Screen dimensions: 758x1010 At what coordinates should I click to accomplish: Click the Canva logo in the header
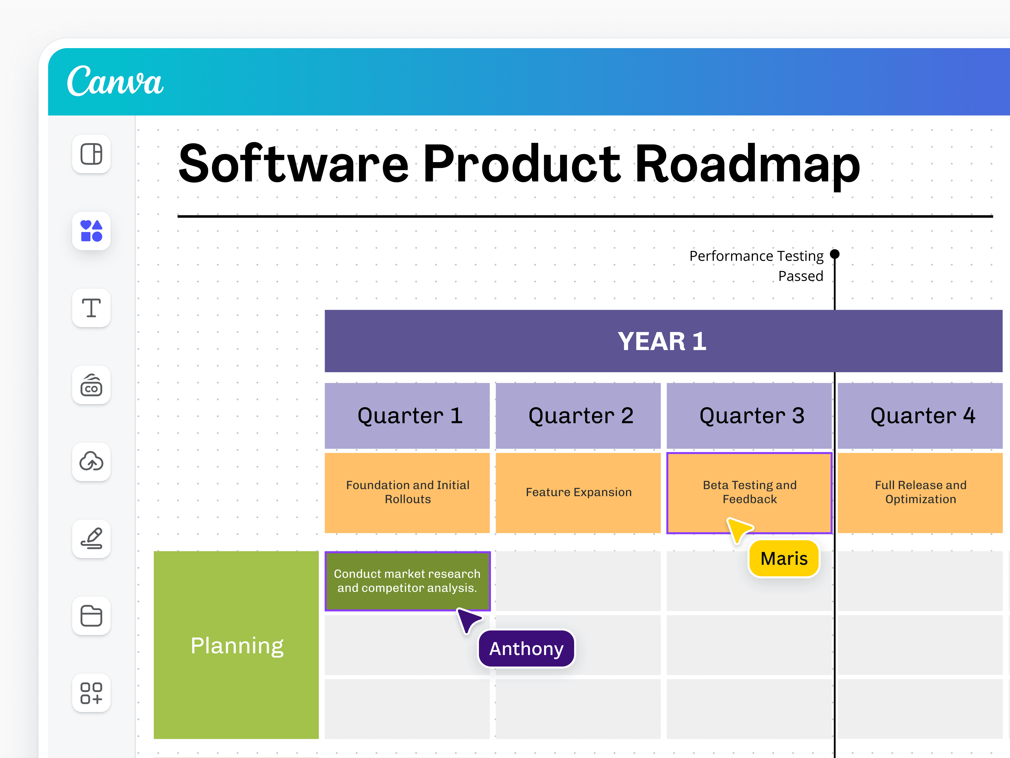coord(115,81)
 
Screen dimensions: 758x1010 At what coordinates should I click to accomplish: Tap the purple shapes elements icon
coord(91,231)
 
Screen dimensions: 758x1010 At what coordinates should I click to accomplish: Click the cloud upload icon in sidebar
coord(91,462)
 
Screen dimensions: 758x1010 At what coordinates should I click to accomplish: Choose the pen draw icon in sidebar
coord(91,539)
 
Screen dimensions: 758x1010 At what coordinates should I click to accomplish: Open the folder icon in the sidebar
coord(91,615)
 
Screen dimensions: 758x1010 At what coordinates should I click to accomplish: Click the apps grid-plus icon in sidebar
coord(91,693)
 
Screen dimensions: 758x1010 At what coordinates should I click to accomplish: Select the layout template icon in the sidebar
coord(91,154)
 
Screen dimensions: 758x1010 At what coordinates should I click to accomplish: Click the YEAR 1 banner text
coord(662,341)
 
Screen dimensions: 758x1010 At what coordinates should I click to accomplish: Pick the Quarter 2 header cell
coord(578,415)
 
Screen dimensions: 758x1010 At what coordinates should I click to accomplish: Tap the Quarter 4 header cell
coord(920,415)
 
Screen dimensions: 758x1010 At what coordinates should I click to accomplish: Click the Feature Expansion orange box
coord(578,492)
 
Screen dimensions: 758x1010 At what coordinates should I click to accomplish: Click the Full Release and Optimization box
coord(920,492)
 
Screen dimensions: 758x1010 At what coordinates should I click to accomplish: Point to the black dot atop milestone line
coord(835,254)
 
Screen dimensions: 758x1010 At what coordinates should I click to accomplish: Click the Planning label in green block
coord(236,645)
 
